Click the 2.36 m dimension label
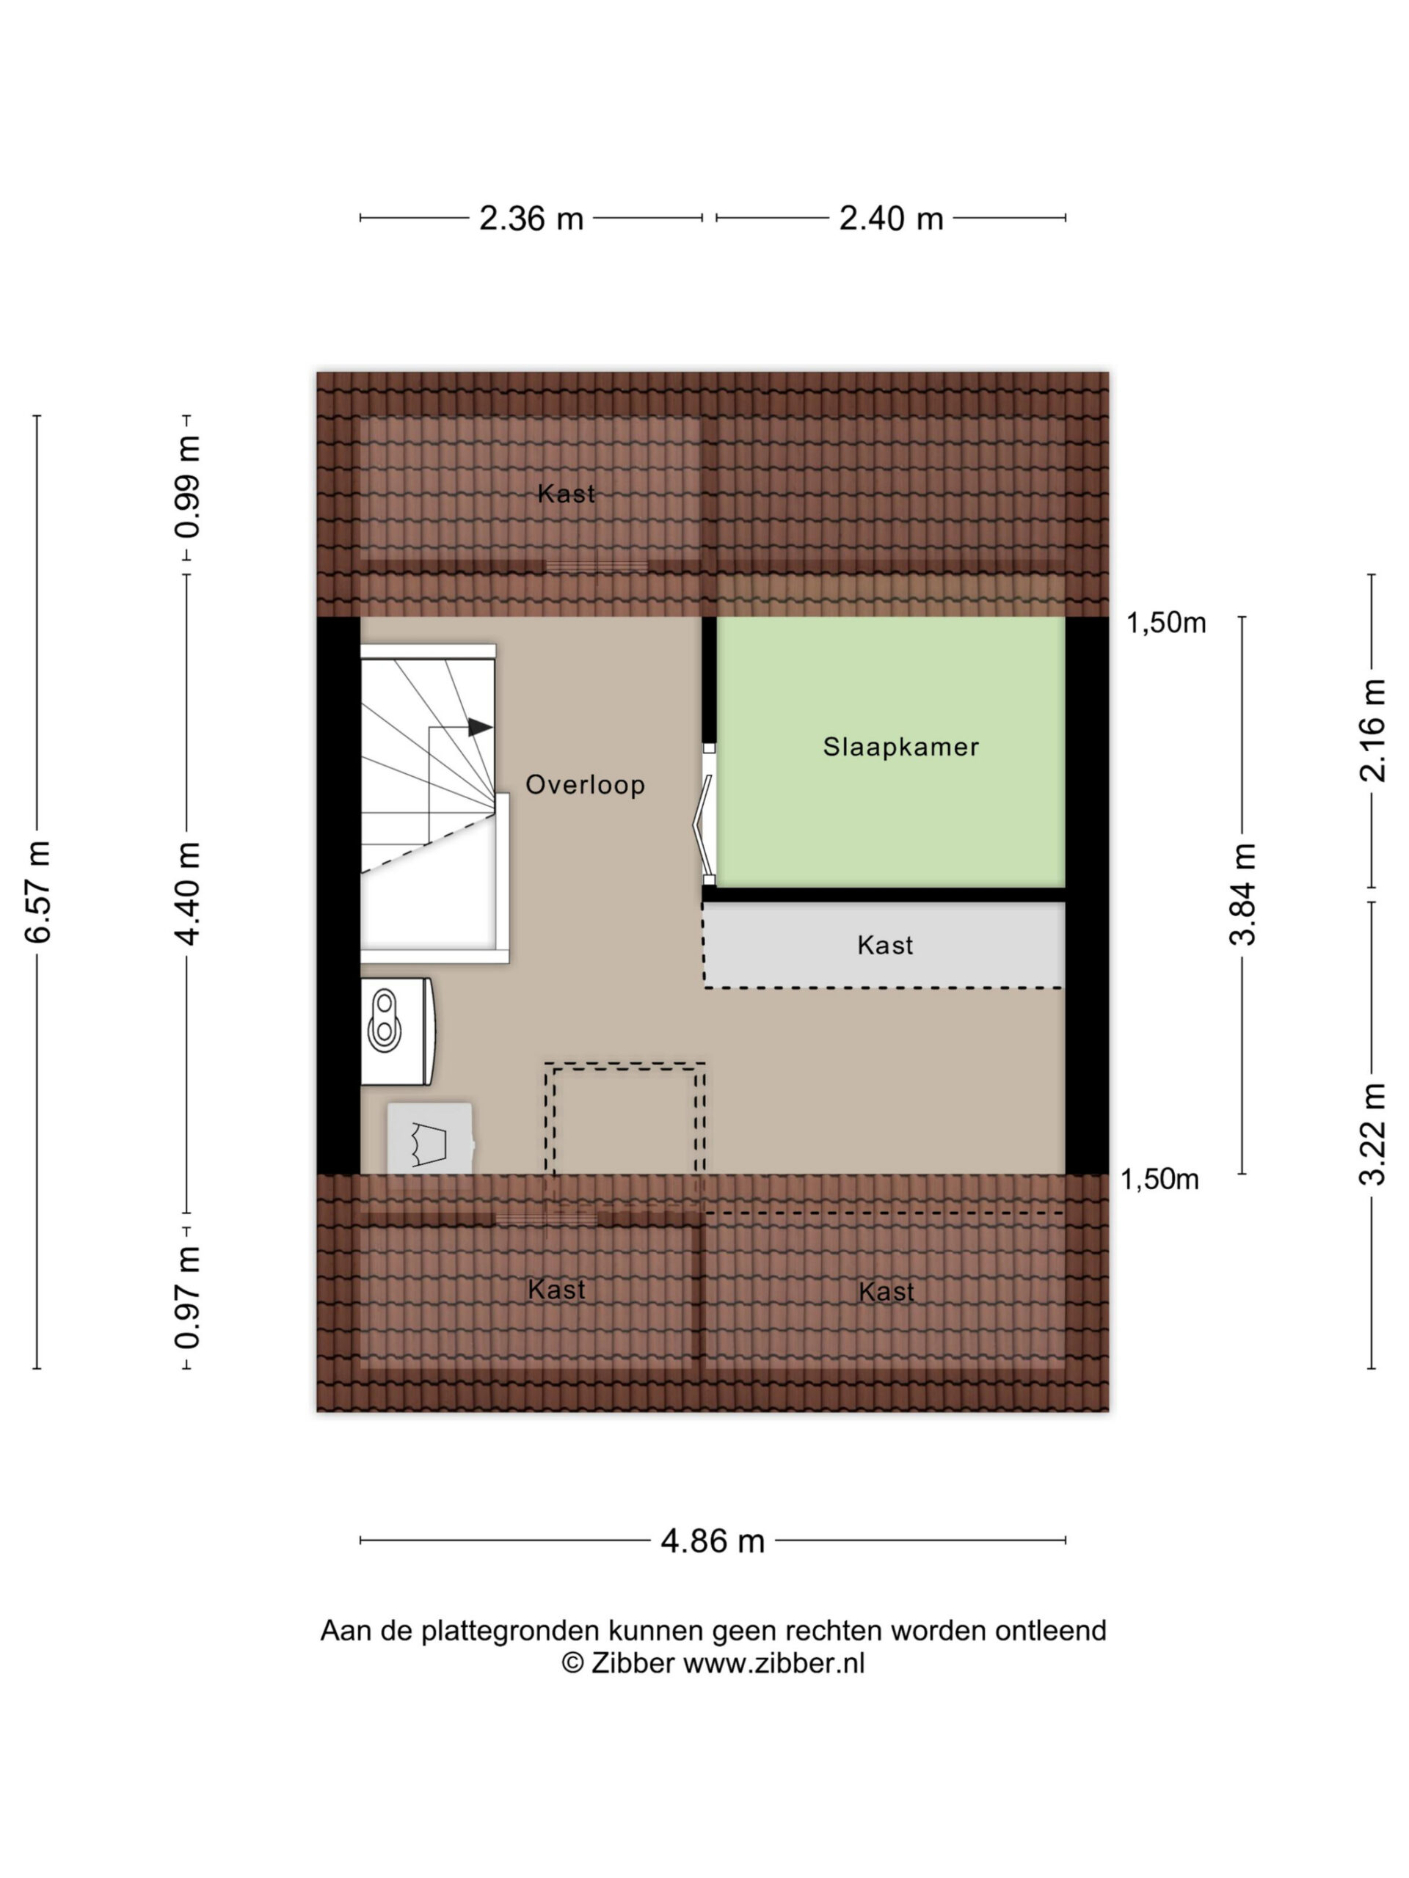point(531,218)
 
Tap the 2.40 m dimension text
point(891,218)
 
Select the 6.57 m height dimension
point(38,891)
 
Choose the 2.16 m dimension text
point(1372,730)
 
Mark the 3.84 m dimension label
point(1242,894)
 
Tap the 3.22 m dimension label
point(1372,1134)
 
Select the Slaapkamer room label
point(901,747)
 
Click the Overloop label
point(585,784)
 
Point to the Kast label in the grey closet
point(885,945)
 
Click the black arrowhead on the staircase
point(480,728)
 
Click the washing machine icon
point(430,1139)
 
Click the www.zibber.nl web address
point(773,1663)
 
